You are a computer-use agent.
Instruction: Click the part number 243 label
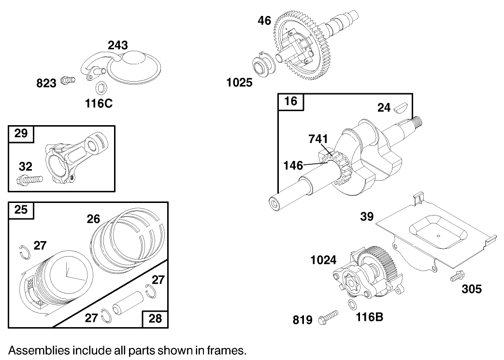point(118,45)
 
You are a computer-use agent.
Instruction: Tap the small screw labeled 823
point(69,81)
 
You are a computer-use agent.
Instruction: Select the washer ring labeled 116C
point(101,88)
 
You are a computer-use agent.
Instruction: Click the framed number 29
point(21,133)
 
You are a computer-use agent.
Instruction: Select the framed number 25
point(21,210)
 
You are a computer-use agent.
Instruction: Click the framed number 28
point(155,318)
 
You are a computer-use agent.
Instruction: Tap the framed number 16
point(291,102)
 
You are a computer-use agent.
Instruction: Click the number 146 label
point(293,165)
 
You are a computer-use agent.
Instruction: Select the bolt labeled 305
point(456,277)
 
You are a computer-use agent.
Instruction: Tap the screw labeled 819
point(330,319)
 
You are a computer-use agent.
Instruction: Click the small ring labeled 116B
point(352,305)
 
